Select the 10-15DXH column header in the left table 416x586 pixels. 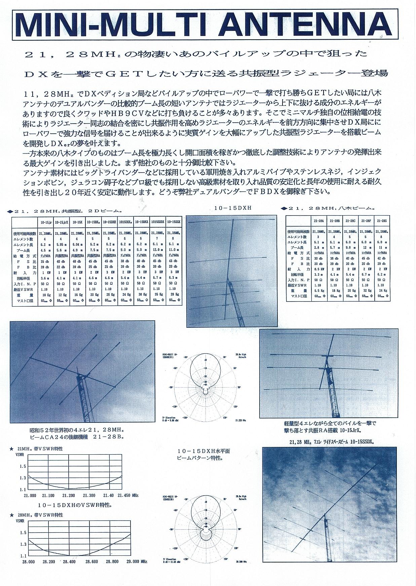coord(109,222)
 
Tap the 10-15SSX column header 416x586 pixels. coord(174,222)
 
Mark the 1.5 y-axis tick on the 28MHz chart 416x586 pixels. coord(23,533)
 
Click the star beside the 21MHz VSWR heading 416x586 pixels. coord(12,449)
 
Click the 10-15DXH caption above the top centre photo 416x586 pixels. coord(233,208)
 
